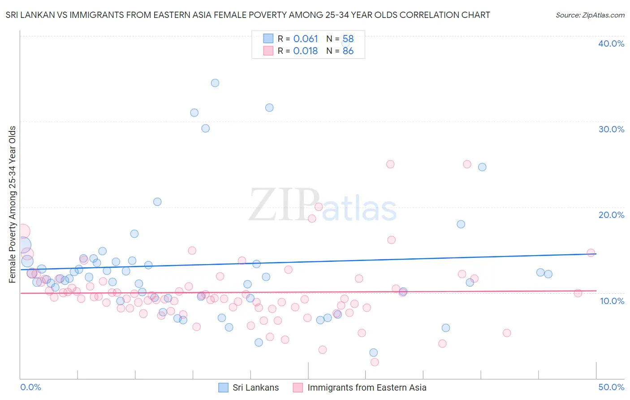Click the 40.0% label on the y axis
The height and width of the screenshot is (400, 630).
(611, 43)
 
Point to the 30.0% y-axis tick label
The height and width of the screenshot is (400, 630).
(611, 129)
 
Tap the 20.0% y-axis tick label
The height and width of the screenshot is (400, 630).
(611, 215)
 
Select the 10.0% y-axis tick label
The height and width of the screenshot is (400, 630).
(612, 300)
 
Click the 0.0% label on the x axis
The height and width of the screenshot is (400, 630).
(30, 387)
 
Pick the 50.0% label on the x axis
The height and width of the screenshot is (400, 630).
(611, 387)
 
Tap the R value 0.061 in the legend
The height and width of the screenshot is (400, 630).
(305, 39)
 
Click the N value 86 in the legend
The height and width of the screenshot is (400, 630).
(348, 51)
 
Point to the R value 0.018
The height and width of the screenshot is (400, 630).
(305, 51)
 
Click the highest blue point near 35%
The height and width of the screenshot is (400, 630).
(215, 83)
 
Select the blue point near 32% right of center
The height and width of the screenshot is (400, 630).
(269, 108)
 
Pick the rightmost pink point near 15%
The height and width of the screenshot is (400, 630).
(591, 252)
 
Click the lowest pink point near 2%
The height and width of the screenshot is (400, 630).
(375, 362)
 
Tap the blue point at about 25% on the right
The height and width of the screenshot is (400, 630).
(482, 167)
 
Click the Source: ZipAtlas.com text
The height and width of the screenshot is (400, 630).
(590, 15)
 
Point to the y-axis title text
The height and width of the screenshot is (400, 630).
(13, 204)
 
